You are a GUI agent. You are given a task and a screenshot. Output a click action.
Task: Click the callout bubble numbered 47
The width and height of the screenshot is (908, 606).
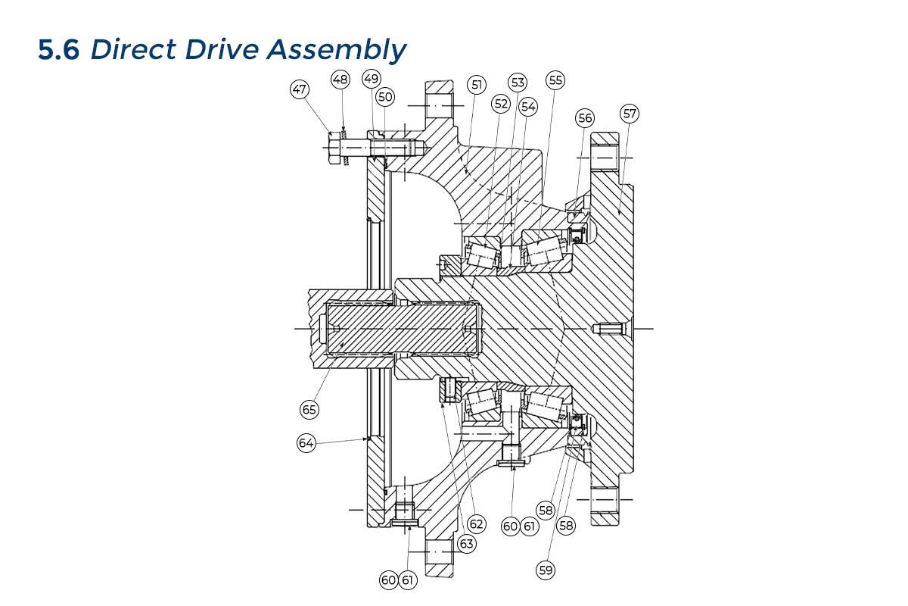pos(300,89)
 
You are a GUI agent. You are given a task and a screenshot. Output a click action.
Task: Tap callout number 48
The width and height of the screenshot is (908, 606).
pos(340,79)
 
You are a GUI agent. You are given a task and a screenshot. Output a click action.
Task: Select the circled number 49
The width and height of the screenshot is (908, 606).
pos(370,78)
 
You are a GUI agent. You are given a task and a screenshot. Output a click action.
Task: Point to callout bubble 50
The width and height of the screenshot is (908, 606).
pos(385,96)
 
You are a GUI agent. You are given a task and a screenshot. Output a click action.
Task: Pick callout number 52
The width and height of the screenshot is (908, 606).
pos(500,102)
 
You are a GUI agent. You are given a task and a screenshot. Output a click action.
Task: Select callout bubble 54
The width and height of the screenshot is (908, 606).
pos(528,107)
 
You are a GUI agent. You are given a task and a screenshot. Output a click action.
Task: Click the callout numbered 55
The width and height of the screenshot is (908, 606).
pos(556,80)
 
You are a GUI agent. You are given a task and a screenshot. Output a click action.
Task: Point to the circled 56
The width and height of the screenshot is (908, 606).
pos(585,117)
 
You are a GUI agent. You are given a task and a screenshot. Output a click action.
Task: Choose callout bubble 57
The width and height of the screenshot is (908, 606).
pos(630,114)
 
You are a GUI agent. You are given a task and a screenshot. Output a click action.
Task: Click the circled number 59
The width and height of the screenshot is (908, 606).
pos(546,570)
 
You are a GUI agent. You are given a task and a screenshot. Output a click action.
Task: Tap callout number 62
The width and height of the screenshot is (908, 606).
pos(476,523)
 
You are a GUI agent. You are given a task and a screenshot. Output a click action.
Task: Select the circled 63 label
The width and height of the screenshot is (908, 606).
pos(466,543)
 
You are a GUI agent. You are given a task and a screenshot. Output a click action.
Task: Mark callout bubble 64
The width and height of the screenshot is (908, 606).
pos(306,444)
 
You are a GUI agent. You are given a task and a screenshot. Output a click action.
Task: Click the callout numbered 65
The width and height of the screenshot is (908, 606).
pos(309,409)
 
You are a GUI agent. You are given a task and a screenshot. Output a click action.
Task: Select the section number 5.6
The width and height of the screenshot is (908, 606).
pos(59,50)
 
